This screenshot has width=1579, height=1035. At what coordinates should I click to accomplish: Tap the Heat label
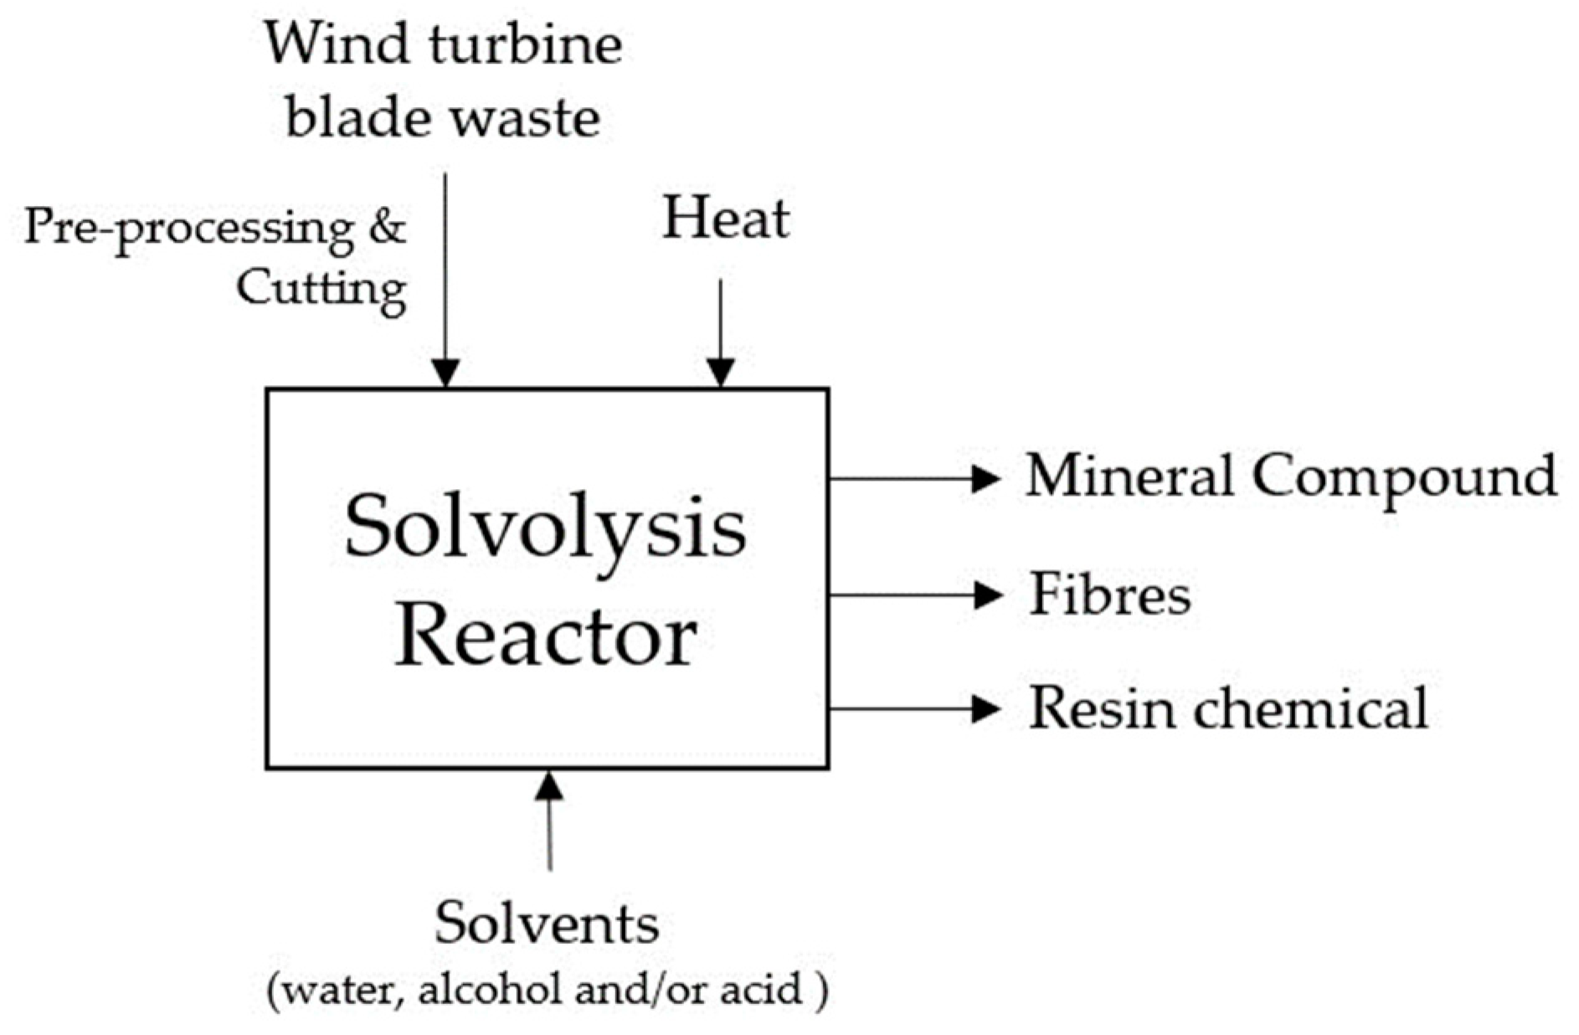pyautogui.click(x=725, y=219)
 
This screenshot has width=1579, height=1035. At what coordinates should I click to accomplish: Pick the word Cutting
pyautogui.click(x=321, y=289)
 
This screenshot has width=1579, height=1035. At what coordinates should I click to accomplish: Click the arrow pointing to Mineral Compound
pyautogui.click(x=913, y=479)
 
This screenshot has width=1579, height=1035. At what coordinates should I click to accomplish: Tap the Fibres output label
pyautogui.click(x=1109, y=595)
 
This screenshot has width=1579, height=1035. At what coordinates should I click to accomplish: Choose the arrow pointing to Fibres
pyautogui.click(x=913, y=595)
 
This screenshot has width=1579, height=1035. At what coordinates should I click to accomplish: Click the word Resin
pyautogui.click(x=1102, y=708)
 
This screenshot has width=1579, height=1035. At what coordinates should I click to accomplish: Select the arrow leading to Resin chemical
pyautogui.click(x=913, y=709)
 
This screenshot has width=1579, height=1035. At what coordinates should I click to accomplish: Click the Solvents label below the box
pyautogui.click(x=547, y=924)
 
